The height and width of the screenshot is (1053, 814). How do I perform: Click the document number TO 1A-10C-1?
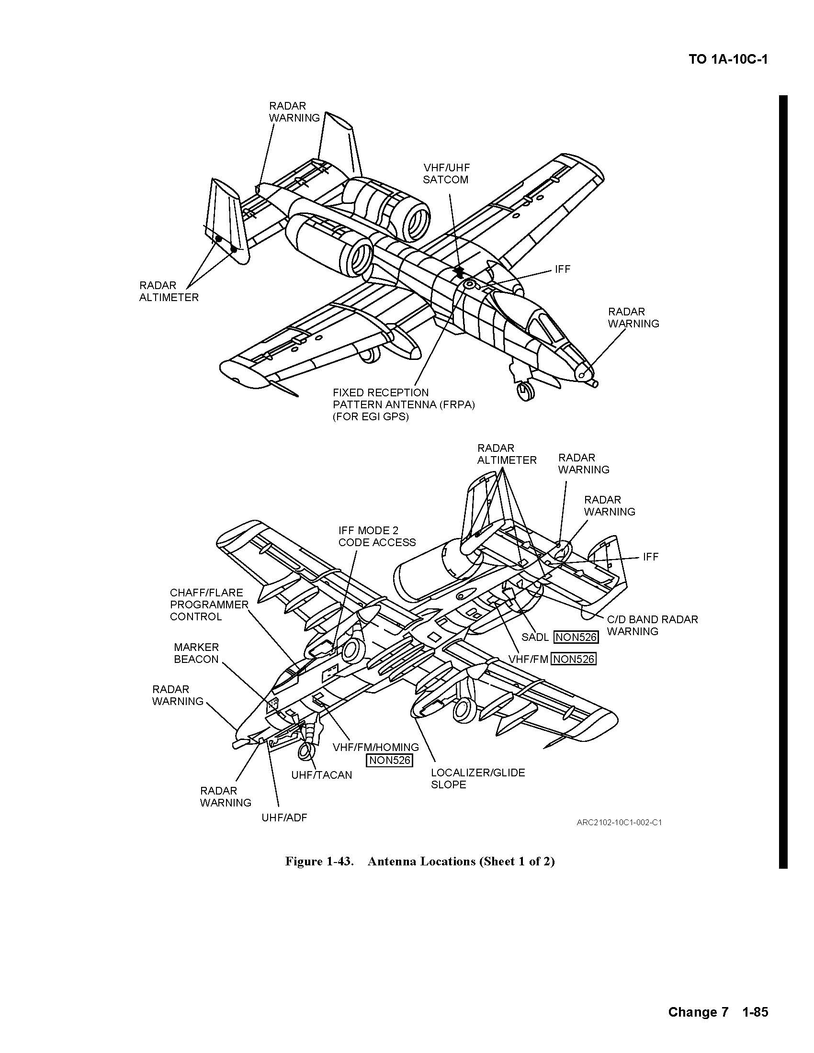click(x=728, y=60)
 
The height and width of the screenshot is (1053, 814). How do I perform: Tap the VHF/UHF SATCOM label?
click(x=446, y=174)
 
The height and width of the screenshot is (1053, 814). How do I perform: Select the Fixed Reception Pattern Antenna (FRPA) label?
click(x=404, y=404)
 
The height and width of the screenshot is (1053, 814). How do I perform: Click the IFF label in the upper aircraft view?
click(x=562, y=269)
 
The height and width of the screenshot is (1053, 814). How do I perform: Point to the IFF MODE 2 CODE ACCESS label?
click(x=377, y=536)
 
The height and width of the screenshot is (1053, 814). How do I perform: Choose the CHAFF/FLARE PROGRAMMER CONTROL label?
click(x=209, y=604)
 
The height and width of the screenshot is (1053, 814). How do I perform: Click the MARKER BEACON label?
click(x=196, y=653)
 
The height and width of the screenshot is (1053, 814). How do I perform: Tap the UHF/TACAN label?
click(x=322, y=775)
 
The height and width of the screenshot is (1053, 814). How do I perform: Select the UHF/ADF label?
click(x=284, y=817)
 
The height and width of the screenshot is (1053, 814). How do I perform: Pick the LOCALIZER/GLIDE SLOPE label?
click(x=478, y=778)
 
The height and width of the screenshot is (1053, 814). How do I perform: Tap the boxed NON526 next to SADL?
click(x=576, y=637)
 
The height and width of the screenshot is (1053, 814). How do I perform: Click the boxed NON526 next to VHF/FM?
click(x=573, y=659)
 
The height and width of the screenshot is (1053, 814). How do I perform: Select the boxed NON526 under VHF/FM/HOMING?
click(x=390, y=761)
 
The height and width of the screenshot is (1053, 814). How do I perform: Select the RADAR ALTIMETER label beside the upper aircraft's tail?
click(x=169, y=291)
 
